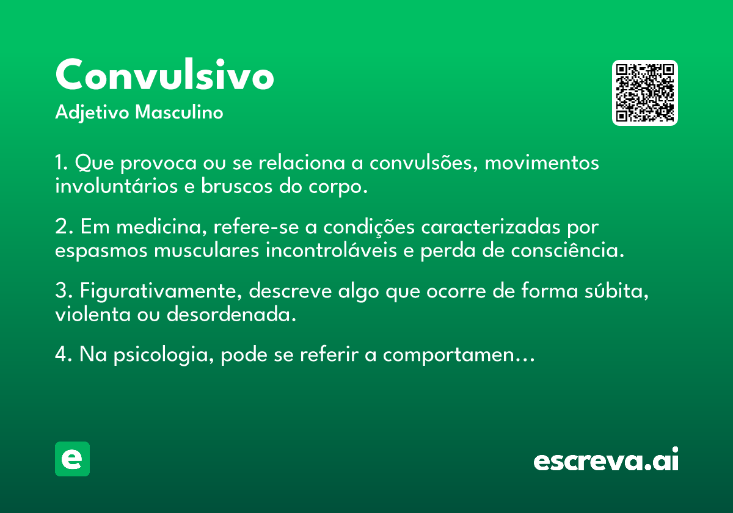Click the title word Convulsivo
[x=164, y=74]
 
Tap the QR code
[x=644, y=93]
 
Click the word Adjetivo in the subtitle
[x=92, y=112]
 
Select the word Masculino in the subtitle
[x=179, y=112]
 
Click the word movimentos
[x=542, y=163]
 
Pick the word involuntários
[x=116, y=186]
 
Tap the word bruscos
[x=236, y=186]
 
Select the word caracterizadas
[x=490, y=227]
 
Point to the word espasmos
[x=101, y=251]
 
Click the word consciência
[x=567, y=250]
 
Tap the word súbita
[x=616, y=291]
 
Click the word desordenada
[x=232, y=314]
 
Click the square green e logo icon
[x=72, y=459]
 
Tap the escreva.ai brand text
[x=606, y=459]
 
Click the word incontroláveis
[x=331, y=250]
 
